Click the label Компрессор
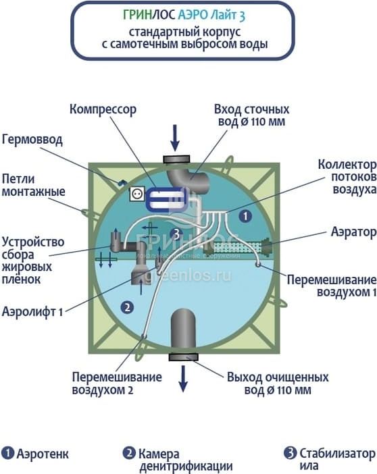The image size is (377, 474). pos(103,109)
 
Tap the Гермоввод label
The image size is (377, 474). pos(32,140)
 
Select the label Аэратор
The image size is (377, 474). pos(354,232)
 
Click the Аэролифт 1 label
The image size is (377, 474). pos(32,311)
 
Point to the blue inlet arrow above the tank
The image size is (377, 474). pos(175,138)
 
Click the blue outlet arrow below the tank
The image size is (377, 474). pos(182,379)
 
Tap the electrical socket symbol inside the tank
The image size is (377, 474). pos(137,194)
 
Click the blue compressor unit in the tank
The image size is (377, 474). pos(167,199)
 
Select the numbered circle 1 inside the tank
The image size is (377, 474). pos(245,216)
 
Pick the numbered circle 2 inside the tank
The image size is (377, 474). pos(127,307)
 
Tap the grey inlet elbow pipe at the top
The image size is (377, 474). pos(188,178)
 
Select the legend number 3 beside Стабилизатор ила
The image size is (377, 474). pos(290,453)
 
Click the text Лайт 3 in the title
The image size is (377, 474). pos(228,15)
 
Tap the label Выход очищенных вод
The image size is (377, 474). pos(278,384)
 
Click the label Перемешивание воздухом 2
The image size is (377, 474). pos(117,384)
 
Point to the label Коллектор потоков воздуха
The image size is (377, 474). pos(347,177)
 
